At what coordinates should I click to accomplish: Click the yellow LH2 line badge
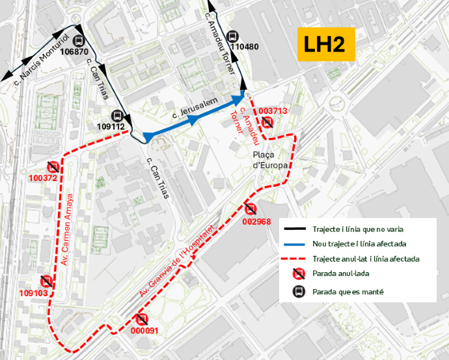click(x=326, y=44)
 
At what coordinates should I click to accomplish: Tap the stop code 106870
click(x=74, y=51)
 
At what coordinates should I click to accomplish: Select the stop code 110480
click(x=245, y=47)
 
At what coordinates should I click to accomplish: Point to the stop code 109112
click(x=110, y=126)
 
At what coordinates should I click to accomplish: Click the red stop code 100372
click(x=43, y=178)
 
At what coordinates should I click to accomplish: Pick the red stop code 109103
click(x=33, y=293)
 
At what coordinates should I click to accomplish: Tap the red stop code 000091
click(x=144, y=330)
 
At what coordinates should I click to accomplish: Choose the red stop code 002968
click(x=256, y=221)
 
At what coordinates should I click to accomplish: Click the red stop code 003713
click(x=273, y=111)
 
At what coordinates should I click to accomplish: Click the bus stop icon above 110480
click(x=233, y=36)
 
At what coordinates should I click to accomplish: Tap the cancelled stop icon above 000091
click(x=142, y=319)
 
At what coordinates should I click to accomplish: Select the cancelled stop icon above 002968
click(x=251, y=209)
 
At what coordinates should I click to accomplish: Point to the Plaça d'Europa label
click(x=266, y=159)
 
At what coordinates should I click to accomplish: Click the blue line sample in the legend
click(x=297, y=243)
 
